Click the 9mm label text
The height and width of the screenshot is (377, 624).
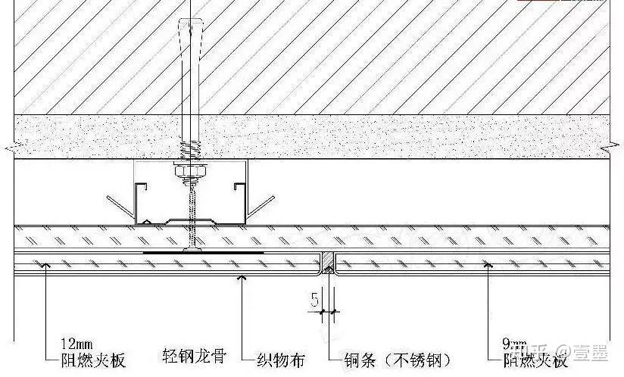coord(512,344)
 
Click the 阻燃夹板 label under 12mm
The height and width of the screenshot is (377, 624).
coord(93,360)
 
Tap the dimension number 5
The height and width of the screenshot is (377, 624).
coord(314,301)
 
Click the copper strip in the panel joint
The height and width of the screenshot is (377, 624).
coord(328,262)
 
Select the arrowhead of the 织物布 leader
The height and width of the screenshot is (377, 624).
coord(242,277)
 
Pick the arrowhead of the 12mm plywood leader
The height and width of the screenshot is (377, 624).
coord(47,264)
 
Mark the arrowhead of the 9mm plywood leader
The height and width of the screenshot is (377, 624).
coord(488,264)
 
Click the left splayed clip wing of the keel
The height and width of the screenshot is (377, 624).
coord(120,207)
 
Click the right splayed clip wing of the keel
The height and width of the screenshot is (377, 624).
coord(261,207)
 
